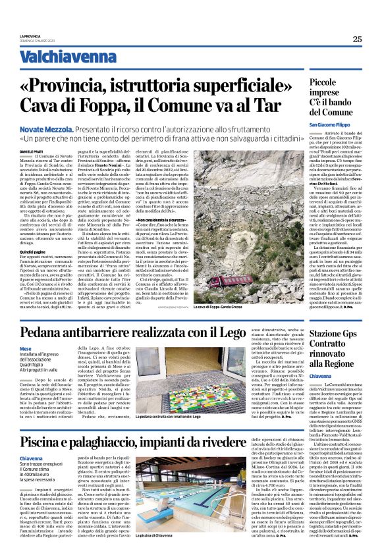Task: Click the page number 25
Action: (x=356, y=39)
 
